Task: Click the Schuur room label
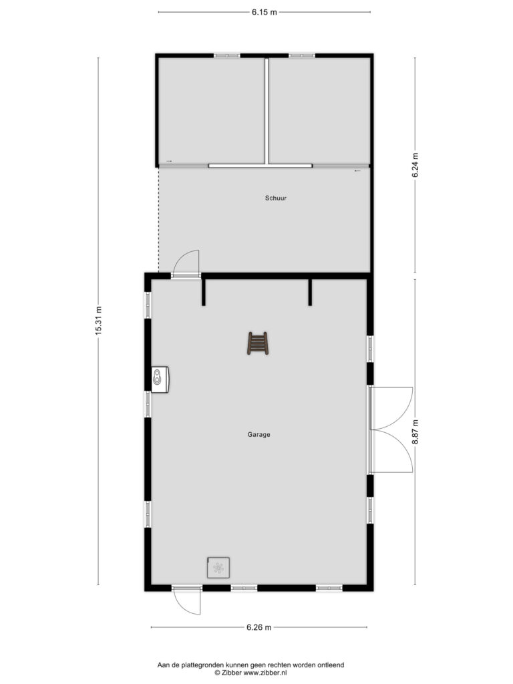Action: pos(276,198)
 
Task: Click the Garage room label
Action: pos(259,434)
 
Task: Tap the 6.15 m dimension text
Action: pos(264,12)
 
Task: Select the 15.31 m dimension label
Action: pos(98,321)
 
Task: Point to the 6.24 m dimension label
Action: pos(415,165)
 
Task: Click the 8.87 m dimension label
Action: pos(415,432)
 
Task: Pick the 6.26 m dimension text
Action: pos(259,627)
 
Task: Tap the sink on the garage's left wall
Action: pos(160,378)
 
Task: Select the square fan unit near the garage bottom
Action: pos(218,568)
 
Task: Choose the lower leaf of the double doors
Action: pos(391,451)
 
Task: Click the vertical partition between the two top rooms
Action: pos(266,111)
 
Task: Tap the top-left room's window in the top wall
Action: pos(227,56)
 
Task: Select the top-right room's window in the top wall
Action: pos(302,56)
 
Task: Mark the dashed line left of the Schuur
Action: pos(158,220)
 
